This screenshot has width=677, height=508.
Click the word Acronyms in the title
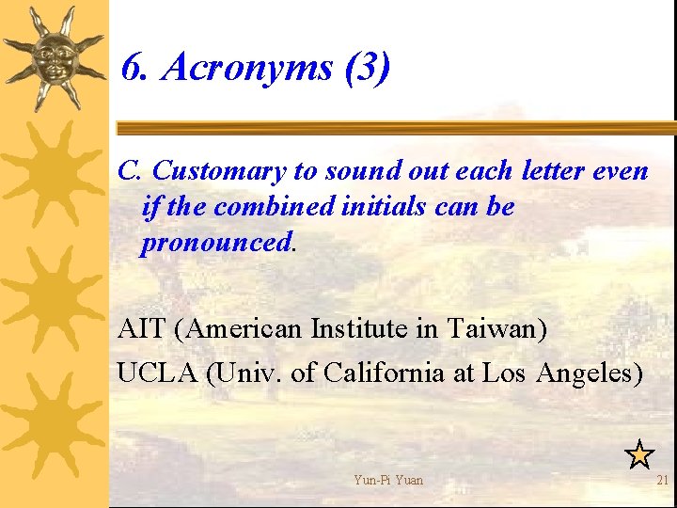(247, 69)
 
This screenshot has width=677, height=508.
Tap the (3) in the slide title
(367, 69)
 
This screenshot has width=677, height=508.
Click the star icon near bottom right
(639, 455)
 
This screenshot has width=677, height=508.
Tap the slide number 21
(663, 481)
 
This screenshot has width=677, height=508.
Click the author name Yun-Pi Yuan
(388, 481)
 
